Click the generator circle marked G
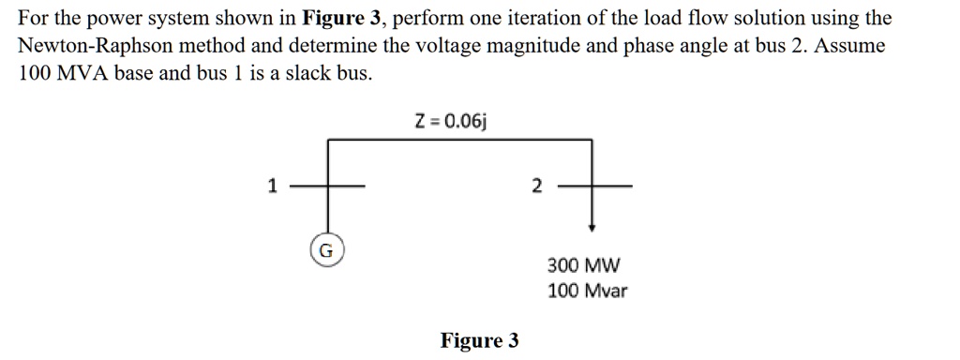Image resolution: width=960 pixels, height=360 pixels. (325, 251)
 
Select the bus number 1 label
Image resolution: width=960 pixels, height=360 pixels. (272, 187)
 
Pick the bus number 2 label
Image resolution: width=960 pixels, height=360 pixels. (535, 187)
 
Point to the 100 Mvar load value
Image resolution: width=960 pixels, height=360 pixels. (587, 291)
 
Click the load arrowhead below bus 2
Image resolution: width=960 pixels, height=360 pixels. (592, 227)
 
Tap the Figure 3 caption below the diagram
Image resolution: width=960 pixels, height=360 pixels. (479, 339)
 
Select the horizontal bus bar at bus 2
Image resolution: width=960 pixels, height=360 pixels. (592, 187)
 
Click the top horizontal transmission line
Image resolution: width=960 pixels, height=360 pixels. (459, 141)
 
